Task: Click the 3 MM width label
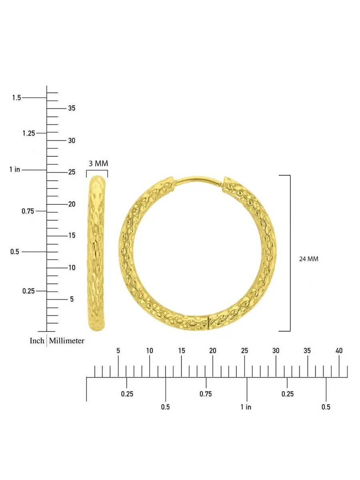[x=98, y=163]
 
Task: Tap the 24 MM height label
[x=308, y=259]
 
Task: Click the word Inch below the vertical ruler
[x=37, y=341]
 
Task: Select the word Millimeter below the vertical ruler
[x=66, y=341]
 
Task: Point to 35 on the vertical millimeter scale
[x=72, y=108]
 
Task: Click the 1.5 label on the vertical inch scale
[x=16, y=98]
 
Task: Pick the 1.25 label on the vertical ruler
[x=29, y=133]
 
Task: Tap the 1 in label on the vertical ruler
[x=15, y=170]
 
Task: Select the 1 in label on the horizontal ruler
[x=246, y=407]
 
